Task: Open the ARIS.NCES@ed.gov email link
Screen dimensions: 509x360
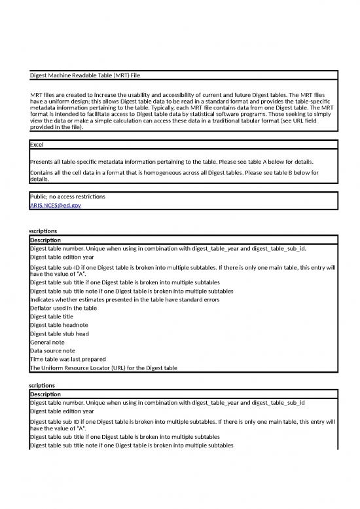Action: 56,205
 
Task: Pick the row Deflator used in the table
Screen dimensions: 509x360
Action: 64,307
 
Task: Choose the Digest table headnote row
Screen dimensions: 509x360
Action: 60,324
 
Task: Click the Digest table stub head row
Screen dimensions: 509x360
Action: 60,333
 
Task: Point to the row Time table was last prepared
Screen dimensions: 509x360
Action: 68,359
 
